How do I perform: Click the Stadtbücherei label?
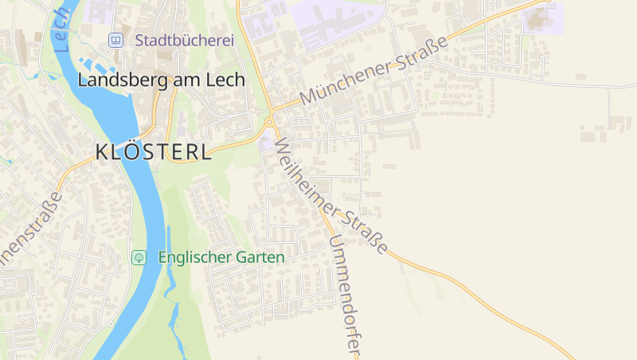click(x=184, y=40)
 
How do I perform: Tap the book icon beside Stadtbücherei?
click(x=116, y=40)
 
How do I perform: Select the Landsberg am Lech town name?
click(x=161, y=80)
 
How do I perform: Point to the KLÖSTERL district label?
click(x=154, y=152)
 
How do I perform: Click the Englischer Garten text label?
click(x=221, y=257)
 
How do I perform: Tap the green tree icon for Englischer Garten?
click(x=139, y=257)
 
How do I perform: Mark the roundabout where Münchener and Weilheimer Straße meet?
click(x=270, y=122)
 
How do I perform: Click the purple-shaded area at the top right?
click(x=546, y=18)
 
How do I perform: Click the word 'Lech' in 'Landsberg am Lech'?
click(x=226, y=80)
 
